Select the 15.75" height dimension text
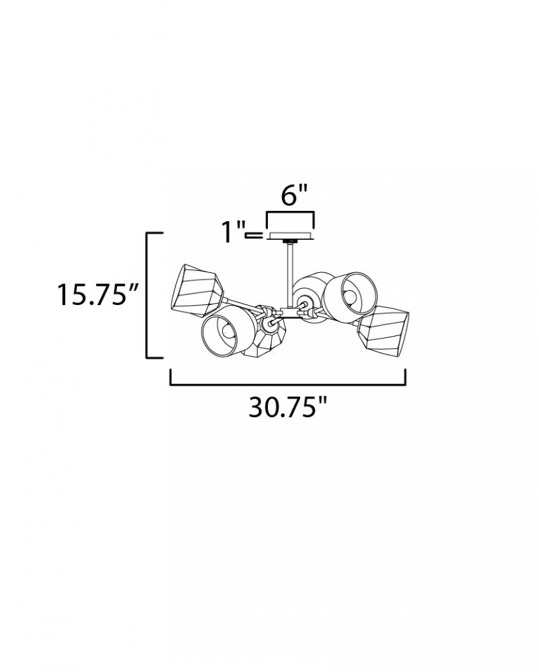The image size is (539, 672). (98, 294)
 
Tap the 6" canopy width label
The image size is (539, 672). (294, 195)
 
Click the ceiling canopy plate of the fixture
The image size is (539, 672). (291, 236)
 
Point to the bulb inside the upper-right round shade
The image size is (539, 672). (350, 296)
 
